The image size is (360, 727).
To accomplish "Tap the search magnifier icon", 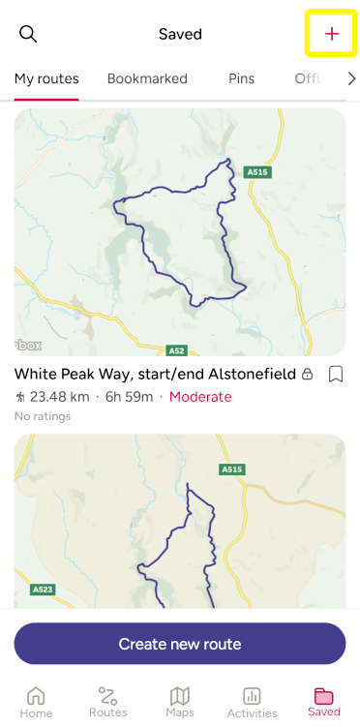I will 29,35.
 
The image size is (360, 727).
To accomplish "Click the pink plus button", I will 332,34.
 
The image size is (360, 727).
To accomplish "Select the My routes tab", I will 46,78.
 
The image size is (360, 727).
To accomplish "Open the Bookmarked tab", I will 147,78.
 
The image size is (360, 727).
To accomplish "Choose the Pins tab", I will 241,78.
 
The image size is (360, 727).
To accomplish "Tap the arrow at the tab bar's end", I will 350,78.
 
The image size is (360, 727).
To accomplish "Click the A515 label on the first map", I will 256,171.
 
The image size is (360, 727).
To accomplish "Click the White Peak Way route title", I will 156,374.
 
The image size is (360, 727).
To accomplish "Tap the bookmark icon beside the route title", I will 336,374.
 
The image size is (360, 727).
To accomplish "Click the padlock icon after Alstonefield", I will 308,375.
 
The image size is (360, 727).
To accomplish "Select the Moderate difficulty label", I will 200,397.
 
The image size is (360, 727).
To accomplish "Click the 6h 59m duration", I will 128,397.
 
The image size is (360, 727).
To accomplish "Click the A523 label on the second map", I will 43,589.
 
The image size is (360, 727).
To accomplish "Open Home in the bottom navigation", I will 36,702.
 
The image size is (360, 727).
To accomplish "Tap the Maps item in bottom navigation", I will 180,702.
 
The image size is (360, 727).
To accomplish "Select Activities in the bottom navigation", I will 252,702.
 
